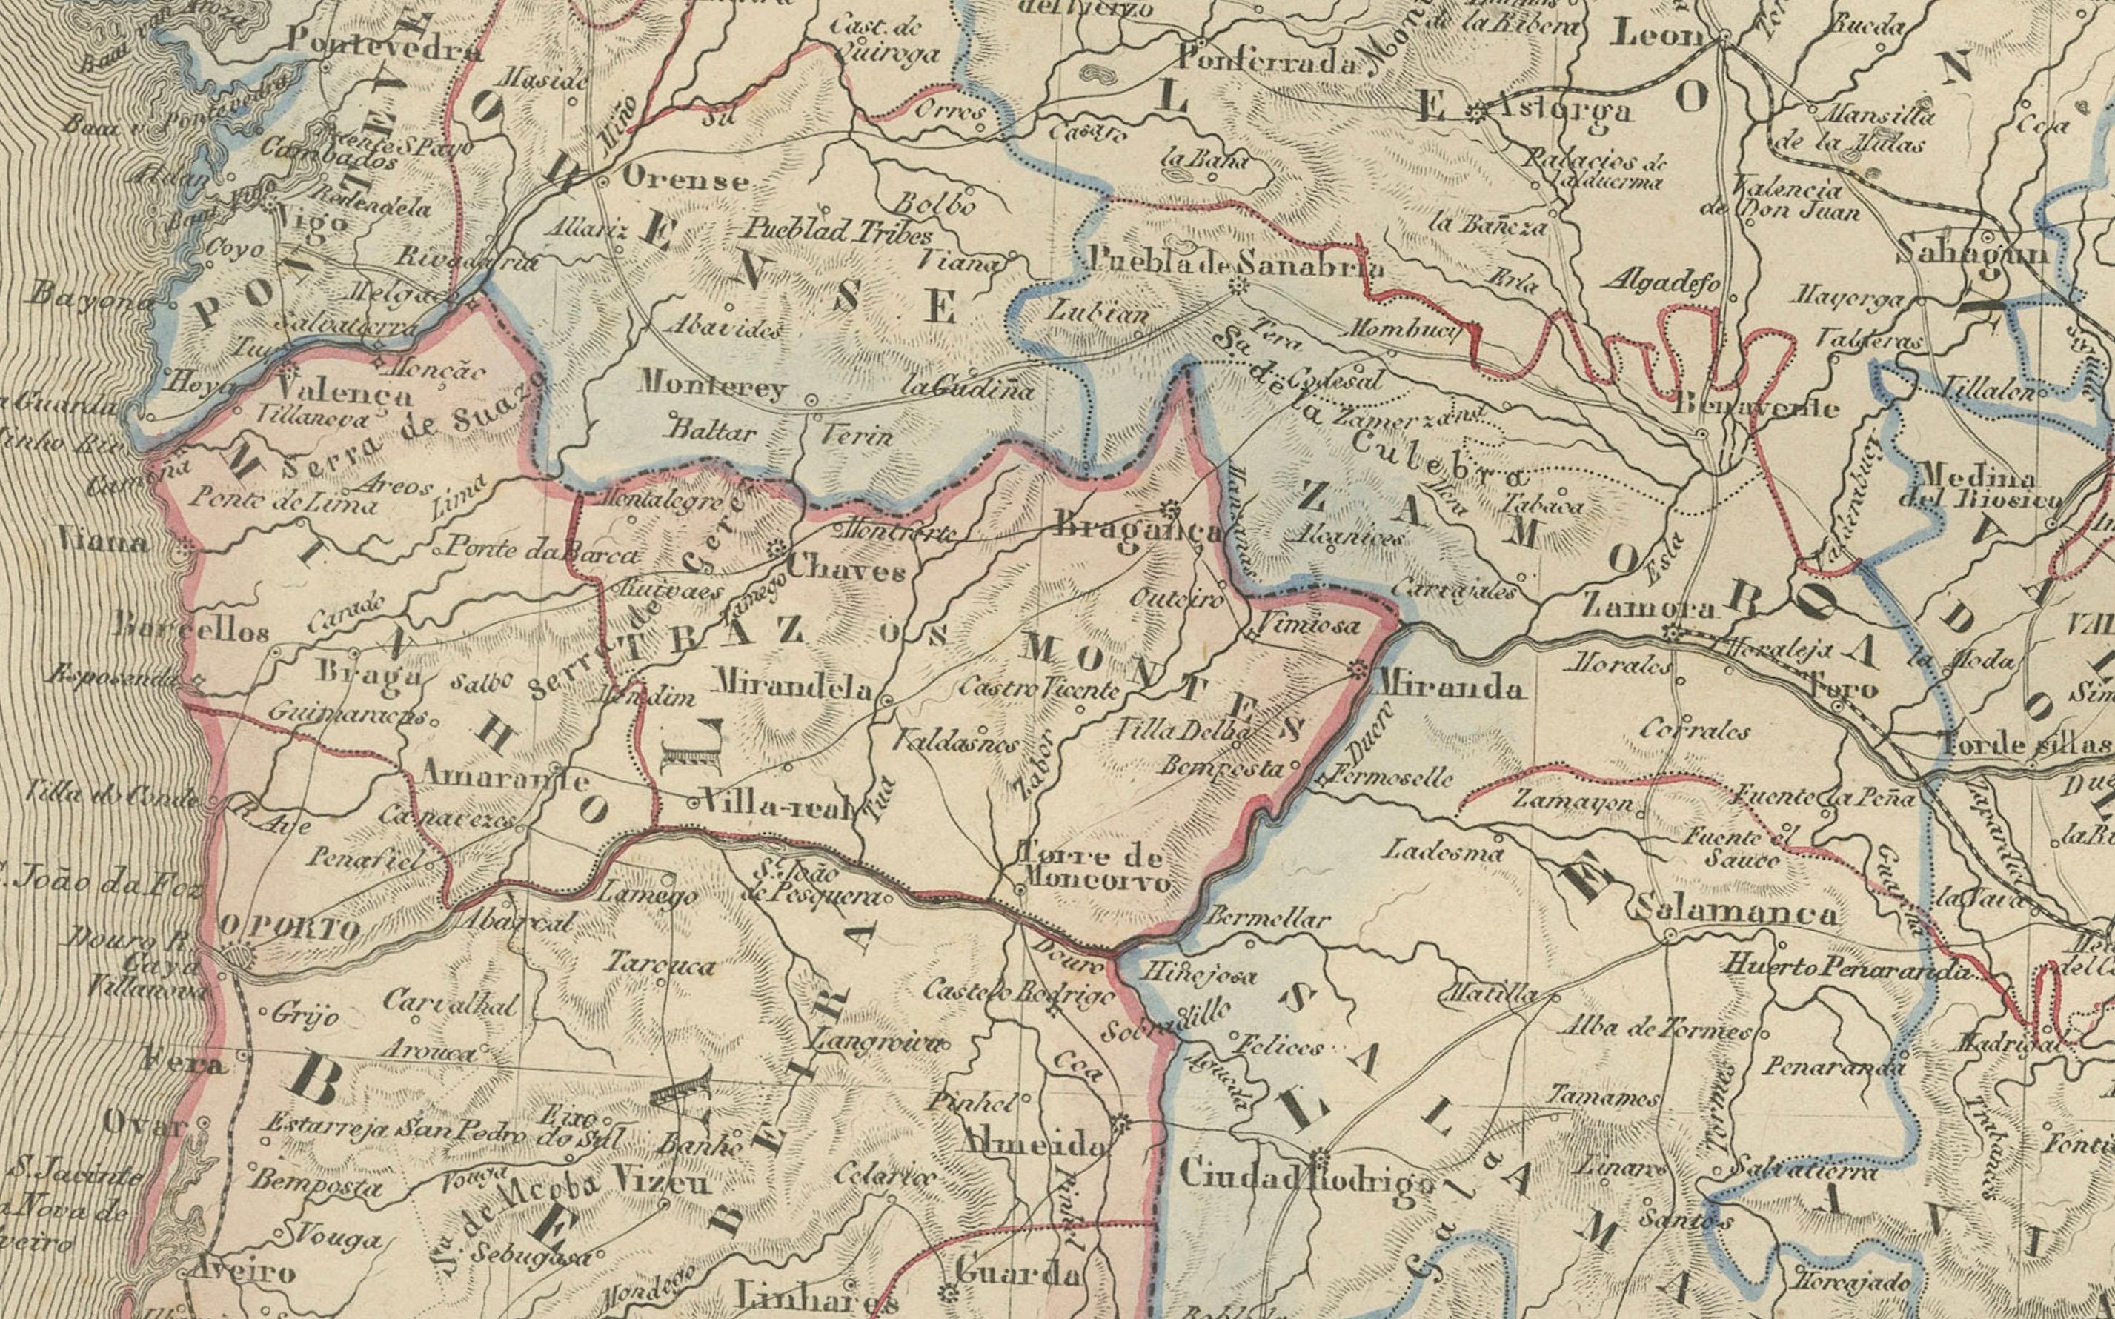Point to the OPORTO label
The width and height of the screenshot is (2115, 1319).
(290, 928)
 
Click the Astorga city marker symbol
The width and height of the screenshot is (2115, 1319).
(1475, 112)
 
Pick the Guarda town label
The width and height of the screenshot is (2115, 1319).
(1017, 1274)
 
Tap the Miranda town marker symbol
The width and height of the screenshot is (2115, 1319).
(1357, 670)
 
